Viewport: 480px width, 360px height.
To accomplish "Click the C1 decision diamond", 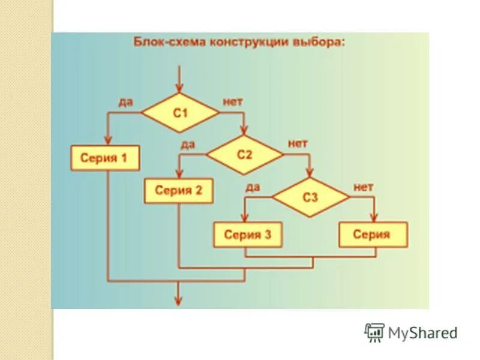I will [180, 113].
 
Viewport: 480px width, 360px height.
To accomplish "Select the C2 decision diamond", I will [244, 155].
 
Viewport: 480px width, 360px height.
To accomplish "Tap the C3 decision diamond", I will [310, 197].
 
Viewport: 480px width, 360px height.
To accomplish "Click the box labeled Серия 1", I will [105, 159].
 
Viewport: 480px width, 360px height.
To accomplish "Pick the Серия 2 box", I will [179, 191].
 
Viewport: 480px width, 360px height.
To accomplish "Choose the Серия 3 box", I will [248, 235].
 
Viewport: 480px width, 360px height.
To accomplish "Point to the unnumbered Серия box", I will [373, 235].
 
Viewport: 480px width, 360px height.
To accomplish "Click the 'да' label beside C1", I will [125, 102].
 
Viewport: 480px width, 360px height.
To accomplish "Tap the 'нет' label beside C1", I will [233, 102].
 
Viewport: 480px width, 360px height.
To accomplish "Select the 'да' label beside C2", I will [188, 144].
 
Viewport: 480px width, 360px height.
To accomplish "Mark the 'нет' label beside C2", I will [298, 144].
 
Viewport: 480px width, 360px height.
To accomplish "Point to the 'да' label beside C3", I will [253, 187].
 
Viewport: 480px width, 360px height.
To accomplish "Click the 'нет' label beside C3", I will [363, 187].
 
